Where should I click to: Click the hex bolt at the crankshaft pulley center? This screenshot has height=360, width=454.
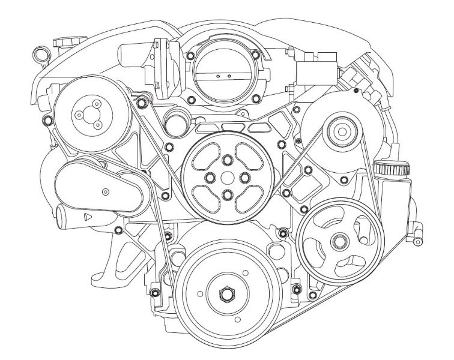pyautogui.click(x=226, y=294)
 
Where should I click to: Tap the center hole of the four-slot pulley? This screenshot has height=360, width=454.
pyautogui.click(x=226, y=178)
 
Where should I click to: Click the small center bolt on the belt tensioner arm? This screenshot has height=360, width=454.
pyautogui.click(x=106, y=191)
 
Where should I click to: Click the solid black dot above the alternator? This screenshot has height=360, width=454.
pyautogui.click(x=357, y=91)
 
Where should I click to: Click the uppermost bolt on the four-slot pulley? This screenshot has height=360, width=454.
pyautogui.click(x=226, y=161)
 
